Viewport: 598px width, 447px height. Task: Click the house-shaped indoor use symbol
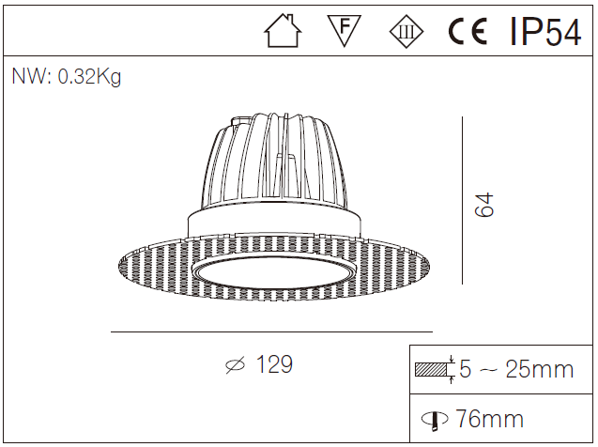click(283, 31)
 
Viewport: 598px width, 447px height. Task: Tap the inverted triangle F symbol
click(345, 30)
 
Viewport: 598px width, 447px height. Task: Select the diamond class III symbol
click(406, 31)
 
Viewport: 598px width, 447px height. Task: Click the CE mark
click(467, 32)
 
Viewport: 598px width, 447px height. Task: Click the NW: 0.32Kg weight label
click(66, 77)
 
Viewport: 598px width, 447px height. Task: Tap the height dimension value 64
click(484, 205)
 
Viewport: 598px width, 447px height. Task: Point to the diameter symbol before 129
click(236, 366)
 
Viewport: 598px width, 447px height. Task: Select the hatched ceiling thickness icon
click(433, 369)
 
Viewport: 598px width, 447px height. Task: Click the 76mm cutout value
click(490, 419)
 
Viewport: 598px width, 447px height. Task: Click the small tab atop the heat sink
click(241, 119)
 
